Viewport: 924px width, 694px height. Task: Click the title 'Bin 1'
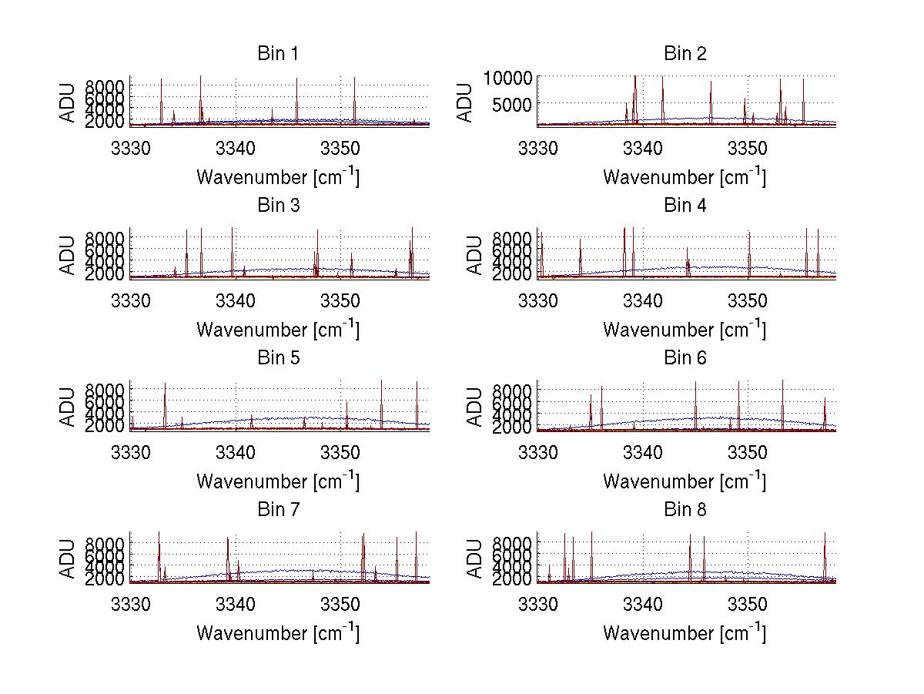click(x=278, y=54)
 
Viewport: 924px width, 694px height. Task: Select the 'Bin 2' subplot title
click(x=685, y=54)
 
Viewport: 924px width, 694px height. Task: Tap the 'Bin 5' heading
click(x=278, y=358)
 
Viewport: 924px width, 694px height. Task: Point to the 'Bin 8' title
click(x=685, y=510)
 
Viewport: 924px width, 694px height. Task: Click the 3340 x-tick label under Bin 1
click(x=236, y=148)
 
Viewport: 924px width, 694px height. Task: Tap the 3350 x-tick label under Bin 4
click(x=748, y=300)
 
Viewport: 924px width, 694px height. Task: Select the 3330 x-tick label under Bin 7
click(x=130, y=604)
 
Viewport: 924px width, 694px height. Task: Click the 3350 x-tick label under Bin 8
click(x=748, y=604)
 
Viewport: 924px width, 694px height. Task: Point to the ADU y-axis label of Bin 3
click(x=69, y=254)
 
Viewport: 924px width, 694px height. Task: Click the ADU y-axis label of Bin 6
click(x=475, y=406)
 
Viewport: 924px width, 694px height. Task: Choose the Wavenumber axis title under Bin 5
click(x=278, y=481)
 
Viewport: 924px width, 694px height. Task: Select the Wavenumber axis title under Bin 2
click(x=685, y=177)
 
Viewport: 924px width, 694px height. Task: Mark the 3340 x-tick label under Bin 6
click(x=642, y=452)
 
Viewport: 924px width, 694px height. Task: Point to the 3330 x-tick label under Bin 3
click(x=130, y=300)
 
